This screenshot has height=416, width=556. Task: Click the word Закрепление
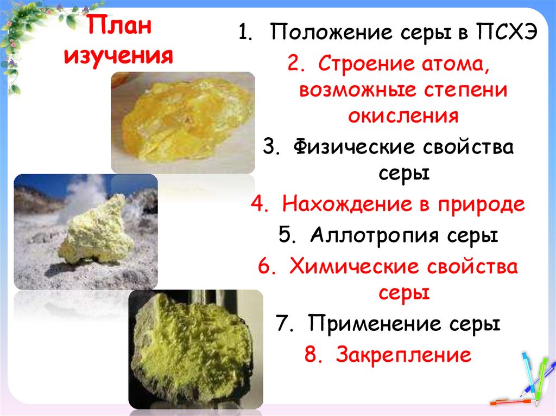pyautogui.click(x=403, y=355)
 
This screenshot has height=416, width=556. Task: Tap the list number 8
pyautogui.click(x=309, y=355)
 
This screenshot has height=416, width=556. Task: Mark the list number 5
pyautogui.click(x=286, y=236)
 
